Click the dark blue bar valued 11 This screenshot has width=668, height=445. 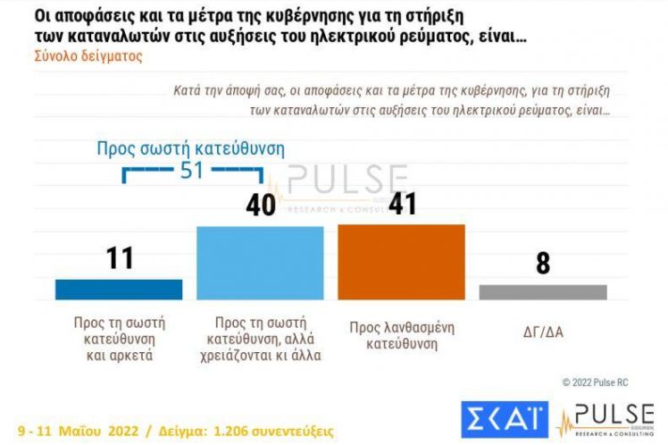119,290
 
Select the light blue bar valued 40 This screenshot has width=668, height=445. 260,263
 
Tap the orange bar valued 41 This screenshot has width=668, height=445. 401,262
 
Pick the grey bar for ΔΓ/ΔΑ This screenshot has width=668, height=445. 542,292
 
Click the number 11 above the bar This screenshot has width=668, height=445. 119,258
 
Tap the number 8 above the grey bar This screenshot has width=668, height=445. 542,264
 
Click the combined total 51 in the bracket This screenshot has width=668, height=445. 192,170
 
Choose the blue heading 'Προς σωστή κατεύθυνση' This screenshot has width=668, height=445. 190,148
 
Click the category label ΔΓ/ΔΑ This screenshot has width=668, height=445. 542,332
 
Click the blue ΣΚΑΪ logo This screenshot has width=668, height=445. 505,419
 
